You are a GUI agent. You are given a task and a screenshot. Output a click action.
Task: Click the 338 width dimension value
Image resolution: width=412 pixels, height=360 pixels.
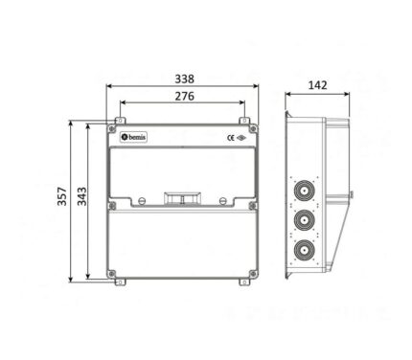[x=184, y=79]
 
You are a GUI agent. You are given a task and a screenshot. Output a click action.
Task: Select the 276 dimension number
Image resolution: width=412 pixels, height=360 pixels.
[x=184, y=96]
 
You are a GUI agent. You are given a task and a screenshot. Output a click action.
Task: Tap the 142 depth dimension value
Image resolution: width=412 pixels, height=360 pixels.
[x=317, y=85]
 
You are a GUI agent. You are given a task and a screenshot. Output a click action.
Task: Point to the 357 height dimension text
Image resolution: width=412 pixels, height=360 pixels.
[x=62, y=196]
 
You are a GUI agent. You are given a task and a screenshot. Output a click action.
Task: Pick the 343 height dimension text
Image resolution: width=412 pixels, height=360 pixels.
[x=82, y=196]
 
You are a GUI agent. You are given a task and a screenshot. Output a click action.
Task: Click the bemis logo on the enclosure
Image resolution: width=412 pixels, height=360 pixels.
[x=133, y=137]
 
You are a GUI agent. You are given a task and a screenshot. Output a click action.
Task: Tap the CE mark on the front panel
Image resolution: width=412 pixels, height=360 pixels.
[x=231, y=138]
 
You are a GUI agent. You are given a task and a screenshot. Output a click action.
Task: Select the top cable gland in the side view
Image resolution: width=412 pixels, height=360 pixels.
[x=304, y=191]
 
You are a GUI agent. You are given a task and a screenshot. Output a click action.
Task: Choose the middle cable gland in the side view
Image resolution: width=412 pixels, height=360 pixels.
[x=304, y=220]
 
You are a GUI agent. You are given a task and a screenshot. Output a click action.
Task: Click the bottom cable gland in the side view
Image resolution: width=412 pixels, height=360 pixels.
[x=304, y=250]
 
